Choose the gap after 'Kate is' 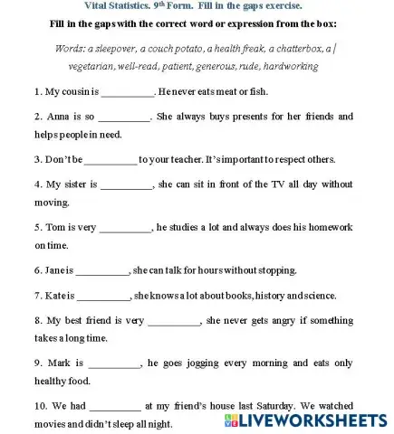(x=104, y=296)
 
